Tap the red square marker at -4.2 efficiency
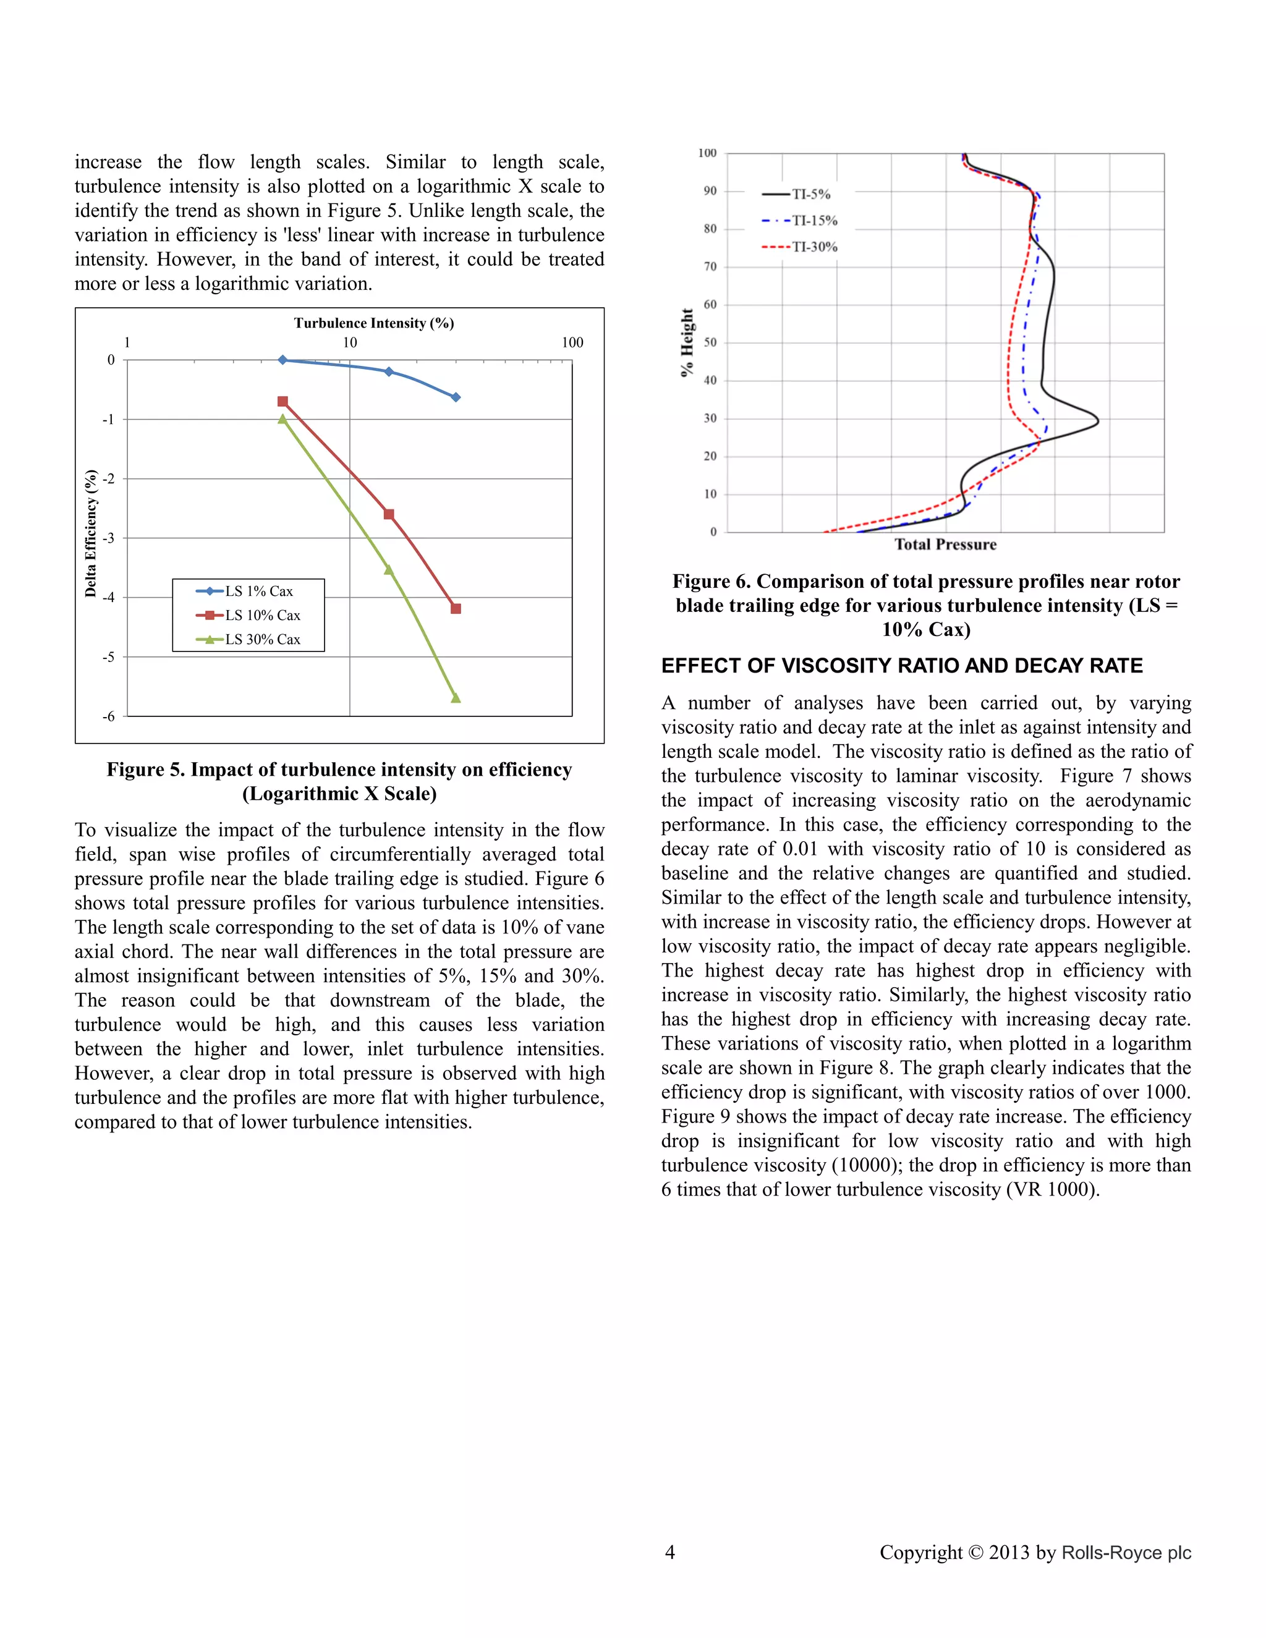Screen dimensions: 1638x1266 click(x=455, y=608)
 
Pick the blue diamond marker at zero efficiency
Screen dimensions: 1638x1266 click(x=283, y=360)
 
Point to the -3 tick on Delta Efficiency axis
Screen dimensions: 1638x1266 click(x=109, y=538)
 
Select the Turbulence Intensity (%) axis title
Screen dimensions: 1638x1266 click(x=373, y=323)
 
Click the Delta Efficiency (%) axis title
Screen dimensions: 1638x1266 click(x=91, y=533)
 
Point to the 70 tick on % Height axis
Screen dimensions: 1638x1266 click(x=710, y=266)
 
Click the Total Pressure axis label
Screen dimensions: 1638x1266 click(x=945, y=545)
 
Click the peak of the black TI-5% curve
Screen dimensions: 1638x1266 click(x=1097, y=422)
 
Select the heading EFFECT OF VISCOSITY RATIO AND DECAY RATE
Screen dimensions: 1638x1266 click(x=901, y=666)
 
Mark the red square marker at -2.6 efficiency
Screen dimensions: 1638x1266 click(x=388, y=514)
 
